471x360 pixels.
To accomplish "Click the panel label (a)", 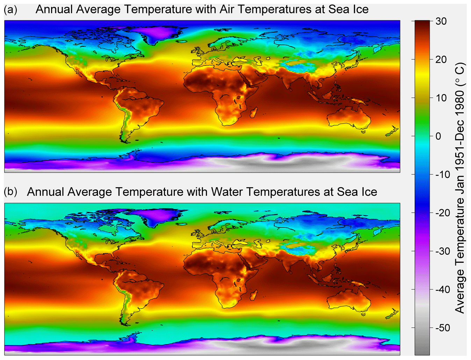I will (x=10, y=9).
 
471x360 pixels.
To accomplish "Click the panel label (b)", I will (x=10, y=192).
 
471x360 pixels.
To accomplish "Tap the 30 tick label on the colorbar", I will (x=441, y=21).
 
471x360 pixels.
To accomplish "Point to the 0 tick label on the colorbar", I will (x=438, y=136).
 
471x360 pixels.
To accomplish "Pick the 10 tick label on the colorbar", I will (x=441, y=98).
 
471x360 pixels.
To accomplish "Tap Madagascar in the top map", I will (x=254, y=113).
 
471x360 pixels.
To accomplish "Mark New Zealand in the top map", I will (x=392, y=132).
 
